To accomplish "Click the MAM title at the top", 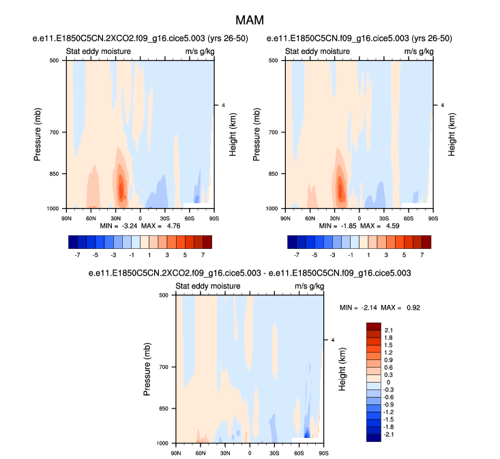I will click(x=250, y=20).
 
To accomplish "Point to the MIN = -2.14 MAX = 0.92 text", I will click(x=380, y=308).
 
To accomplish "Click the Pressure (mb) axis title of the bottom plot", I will click(x=147, y=369).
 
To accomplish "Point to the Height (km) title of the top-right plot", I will click(x=452, y=134).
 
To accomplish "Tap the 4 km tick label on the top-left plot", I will click(x=223, y=105).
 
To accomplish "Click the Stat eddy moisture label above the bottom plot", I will click(x=208, y=286).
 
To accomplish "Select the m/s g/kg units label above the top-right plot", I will click(x=419, y=51).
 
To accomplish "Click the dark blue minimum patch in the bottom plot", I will click(x=308, y=434).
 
